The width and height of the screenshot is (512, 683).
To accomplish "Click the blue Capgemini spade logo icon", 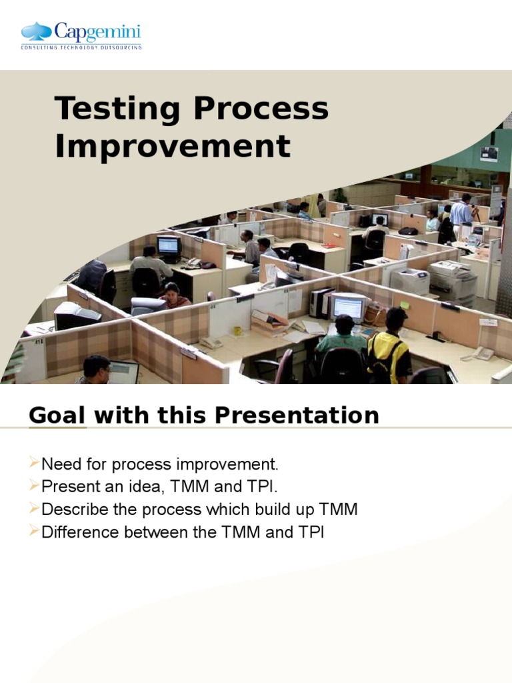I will pyautogui.click(x=37, y=31).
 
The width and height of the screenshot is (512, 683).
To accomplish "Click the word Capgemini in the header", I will pyautogui.click(x=97, y=31).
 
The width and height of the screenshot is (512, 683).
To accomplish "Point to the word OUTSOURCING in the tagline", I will pyautogui.click(x=121, y=47).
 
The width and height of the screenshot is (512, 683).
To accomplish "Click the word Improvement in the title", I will pyautogui.click(x=173, y=147).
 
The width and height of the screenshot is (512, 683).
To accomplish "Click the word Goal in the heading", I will pyautogui.click(x=57, y=416).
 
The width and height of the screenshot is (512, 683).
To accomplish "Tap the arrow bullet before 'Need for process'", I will pyautogui.click(x=35, y=463).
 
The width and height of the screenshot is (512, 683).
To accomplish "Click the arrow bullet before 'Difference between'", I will pyautogui.click(x=35, y=532).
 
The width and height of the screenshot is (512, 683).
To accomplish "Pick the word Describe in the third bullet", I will pyautogui.click(x=69, y=510).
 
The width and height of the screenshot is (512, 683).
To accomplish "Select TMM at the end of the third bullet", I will pyautogui.click(x=339, y=510).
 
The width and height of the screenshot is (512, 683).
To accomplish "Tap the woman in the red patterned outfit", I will pyautogui.click(x=173, y=296).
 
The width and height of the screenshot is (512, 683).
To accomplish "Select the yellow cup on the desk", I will pyautogui.click(x=237, y=331).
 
